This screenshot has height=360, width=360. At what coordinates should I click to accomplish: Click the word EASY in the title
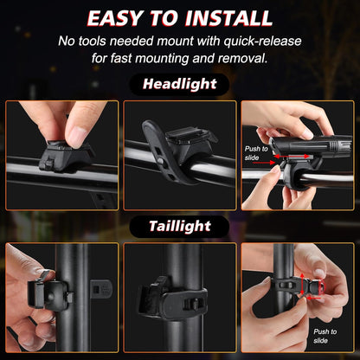coord(119,17)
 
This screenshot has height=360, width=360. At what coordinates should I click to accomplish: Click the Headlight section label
coord(179,85)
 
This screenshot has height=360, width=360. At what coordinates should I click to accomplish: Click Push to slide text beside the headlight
coord(256,154)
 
